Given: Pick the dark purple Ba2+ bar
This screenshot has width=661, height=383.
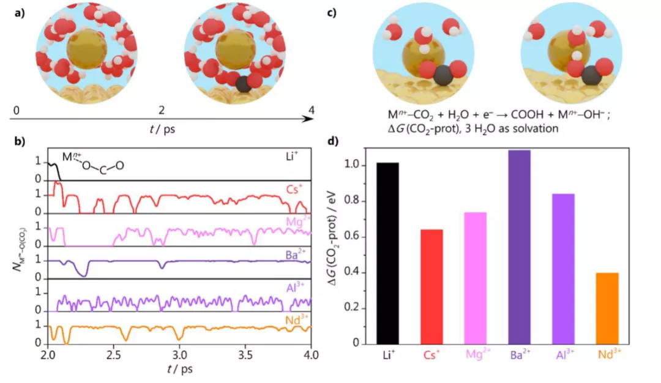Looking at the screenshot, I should [519, 247].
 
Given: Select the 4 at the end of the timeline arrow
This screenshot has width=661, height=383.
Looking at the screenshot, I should [312, 111].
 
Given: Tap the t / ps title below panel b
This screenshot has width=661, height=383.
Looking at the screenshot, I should [179, 370].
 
